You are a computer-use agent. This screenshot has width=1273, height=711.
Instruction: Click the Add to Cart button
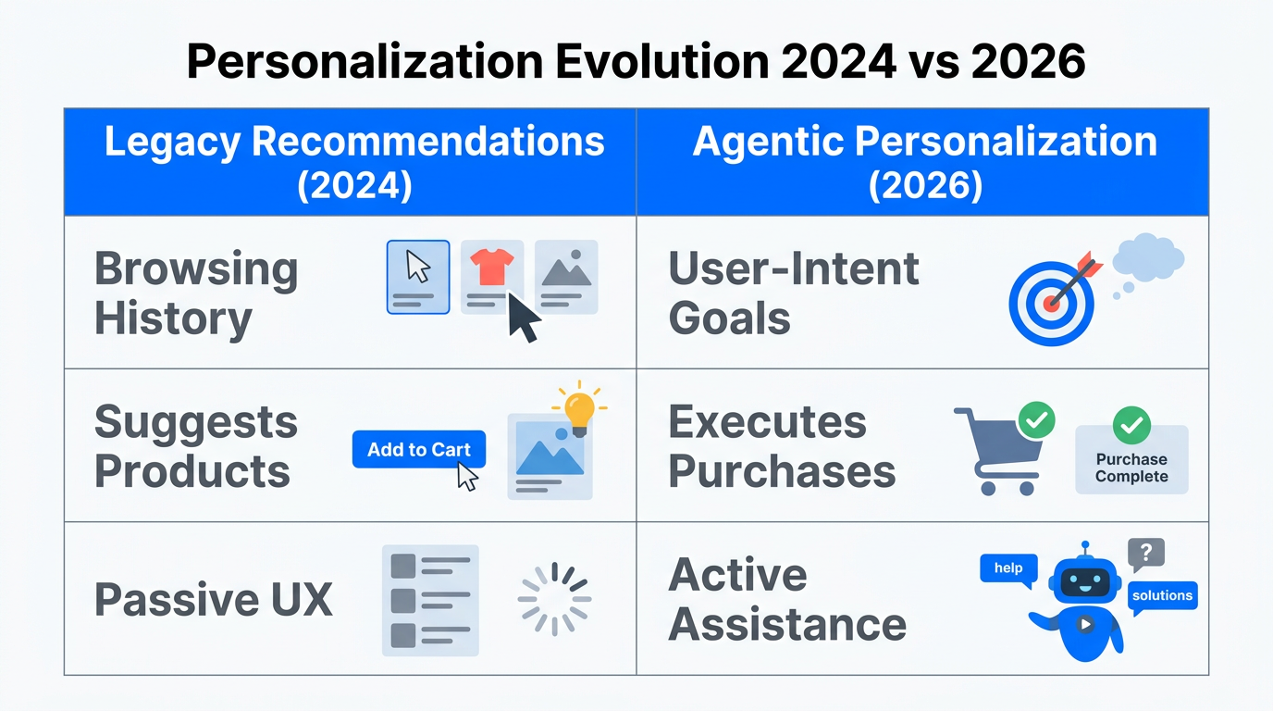(x=418, y=450)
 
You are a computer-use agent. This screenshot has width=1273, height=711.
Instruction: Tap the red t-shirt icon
(x=491, y=268)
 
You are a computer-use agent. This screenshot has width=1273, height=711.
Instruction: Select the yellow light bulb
(x=579, y=410)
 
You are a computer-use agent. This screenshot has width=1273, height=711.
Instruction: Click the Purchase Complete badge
(x=1131, y=458)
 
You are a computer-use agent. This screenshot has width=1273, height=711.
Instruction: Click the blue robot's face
(x=1084, y=581)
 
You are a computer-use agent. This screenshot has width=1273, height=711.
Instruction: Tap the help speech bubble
(x=1007, y=568)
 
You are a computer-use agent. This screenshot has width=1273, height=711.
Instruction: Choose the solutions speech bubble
(x=1162, y=595)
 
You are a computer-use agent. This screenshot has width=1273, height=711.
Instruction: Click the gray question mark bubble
(x=1145, y=554)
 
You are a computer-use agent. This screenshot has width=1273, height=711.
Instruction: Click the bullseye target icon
(x=1052, y=301)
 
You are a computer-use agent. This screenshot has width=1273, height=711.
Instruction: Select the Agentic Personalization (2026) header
(x=922, y=163)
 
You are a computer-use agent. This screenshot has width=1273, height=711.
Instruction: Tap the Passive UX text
(x=213, y=600)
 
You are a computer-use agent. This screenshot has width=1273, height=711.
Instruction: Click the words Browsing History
(x=195, y=293)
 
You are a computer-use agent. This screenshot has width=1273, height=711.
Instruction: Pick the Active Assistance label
(x=786, y=599)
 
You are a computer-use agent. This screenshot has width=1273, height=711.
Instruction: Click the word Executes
(x=767, y=423)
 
